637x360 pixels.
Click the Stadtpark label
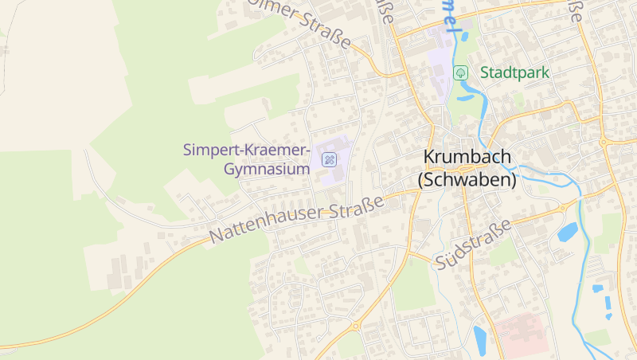pyautogui.click(x=514, y=72)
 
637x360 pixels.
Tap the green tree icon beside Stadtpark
pyautogui.click(x=460, y=72)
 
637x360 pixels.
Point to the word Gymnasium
pyautogui.click(x=267, y=170)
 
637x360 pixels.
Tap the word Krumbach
pyautogui.click(x=467, y=158)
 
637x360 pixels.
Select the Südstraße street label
pyautogui.click(x=473, y=246)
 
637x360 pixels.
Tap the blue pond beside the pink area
pyautogui.click(x=481, y=339)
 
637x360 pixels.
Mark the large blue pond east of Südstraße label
pyautogui.click(x=567, y=232)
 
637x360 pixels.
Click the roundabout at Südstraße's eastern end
pyautogui.click(x=563, y=207)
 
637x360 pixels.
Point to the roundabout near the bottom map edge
pyautogui.click(x=356, y=325)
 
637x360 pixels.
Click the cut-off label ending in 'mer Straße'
pyautogui.click(x=311, y=24)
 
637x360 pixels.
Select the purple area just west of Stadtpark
pyautogui.click(x=437, y=55)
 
